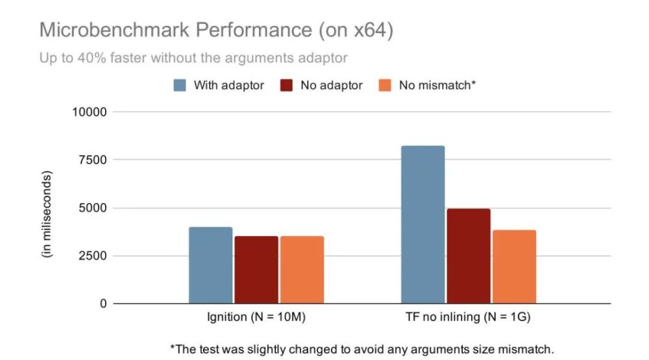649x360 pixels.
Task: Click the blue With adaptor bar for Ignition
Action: pos(210,265)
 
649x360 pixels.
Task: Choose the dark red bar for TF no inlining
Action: pos(469,256)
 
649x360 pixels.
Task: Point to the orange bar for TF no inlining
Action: pos(514,267)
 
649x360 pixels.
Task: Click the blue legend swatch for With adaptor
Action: pos(180,85)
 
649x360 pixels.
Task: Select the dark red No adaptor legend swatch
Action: pos(286,85)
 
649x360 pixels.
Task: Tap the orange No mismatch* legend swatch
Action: pos(385,85)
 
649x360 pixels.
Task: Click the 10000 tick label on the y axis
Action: pos(88,112)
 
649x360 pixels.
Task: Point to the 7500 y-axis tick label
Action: pos(92,160)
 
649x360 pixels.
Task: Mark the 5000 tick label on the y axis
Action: pos(92,208)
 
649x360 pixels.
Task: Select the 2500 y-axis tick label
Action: pos(92,256)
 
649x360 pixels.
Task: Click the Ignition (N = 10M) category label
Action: pos(256,318)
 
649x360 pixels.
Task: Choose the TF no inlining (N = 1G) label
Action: pos(469,318)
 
